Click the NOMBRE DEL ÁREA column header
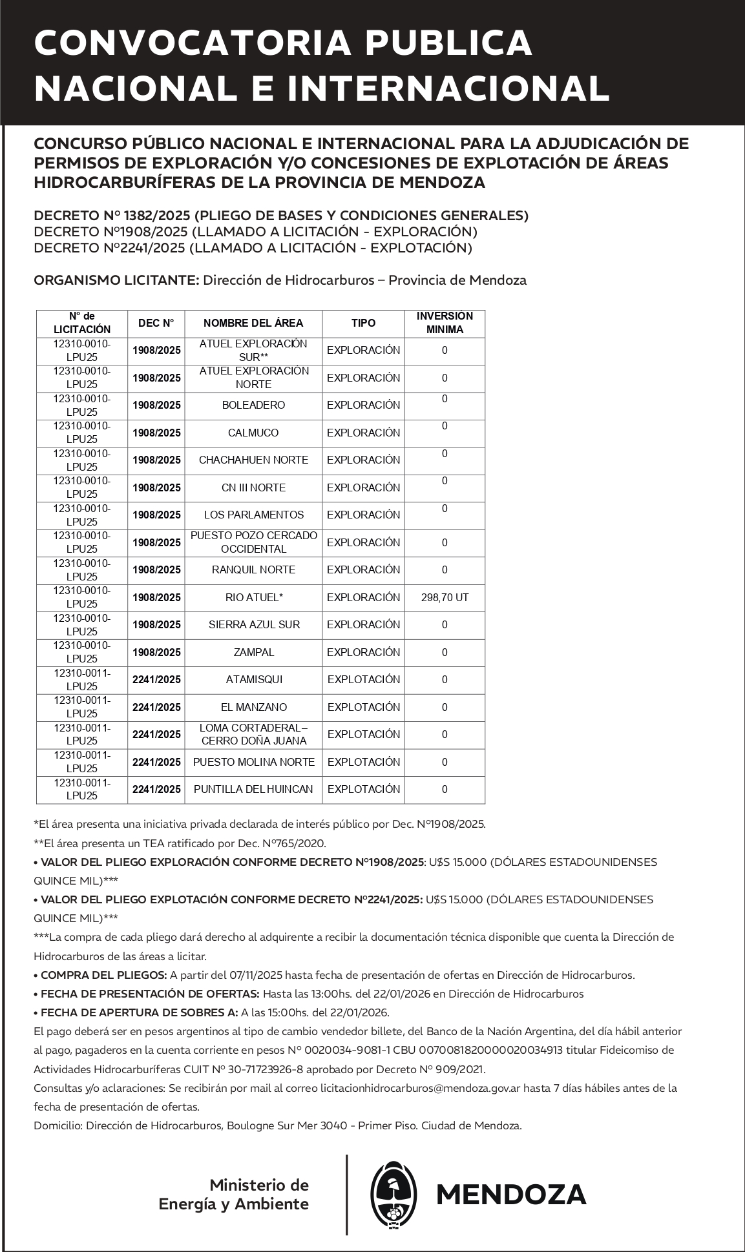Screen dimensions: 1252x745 coord(253,323)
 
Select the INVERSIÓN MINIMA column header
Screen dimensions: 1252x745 coord(445,323)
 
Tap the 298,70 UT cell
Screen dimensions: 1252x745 coord(445,598)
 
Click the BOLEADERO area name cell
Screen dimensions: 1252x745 coord(253,405)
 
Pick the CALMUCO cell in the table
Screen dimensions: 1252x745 coord(253,433)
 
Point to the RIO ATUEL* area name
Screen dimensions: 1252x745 coord(254,598)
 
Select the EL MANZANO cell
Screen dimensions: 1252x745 coord(253,708)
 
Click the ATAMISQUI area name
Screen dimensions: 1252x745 coord(253,680)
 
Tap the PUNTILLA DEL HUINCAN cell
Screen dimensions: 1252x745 coord(253,790)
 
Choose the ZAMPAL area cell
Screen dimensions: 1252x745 coord(253,653)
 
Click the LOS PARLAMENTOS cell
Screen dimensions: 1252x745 coord(253,515)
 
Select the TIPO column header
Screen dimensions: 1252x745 coord(363,323)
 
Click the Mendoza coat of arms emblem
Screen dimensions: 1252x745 coord(393,1194)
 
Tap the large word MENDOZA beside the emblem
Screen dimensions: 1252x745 coord(511,1195)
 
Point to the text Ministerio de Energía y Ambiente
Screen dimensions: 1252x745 coord(234,1195)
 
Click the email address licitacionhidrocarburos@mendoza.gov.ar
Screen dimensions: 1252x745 coord(420,1088)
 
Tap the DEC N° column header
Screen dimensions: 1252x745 coord(156,323)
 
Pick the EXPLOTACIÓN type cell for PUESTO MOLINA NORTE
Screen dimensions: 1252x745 coord(363,763)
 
